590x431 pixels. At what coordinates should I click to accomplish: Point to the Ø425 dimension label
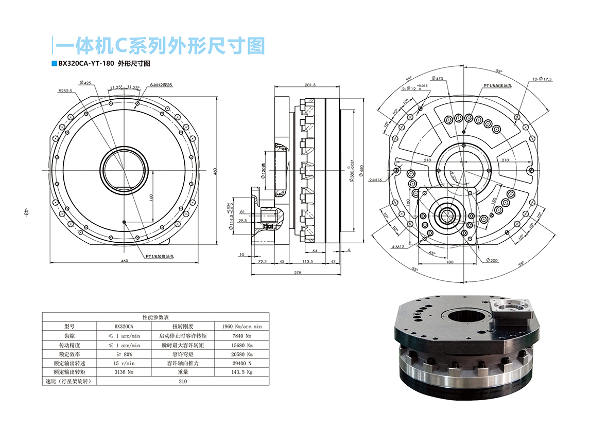click(x=85, y=83)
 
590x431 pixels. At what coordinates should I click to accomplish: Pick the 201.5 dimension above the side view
click(x=310, y=85)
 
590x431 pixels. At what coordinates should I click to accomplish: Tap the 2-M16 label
click(x=376, y=180)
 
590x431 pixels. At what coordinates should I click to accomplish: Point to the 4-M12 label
click(x=397, y=247)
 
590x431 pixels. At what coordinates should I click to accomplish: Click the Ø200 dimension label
click(x=492, y=261)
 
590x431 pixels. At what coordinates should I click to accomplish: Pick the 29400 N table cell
click(x=242, y=363)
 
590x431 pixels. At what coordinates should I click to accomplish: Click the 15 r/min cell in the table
click(x=125, y=363)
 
